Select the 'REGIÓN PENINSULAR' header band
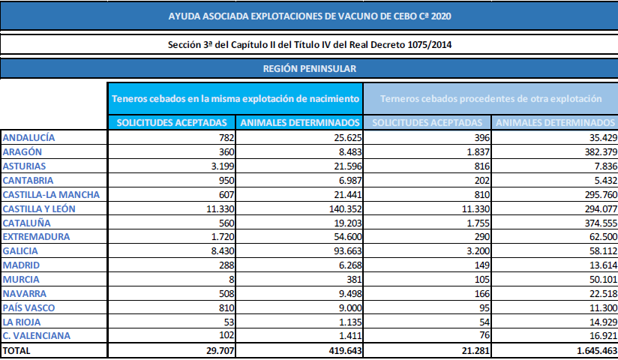coord(309,69)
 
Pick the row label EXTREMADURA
coord(36,236)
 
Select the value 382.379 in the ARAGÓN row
coord(596,151)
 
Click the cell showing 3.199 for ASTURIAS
coord(223,166)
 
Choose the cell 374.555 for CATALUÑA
coord(596,222)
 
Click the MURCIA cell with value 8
coord(232,279)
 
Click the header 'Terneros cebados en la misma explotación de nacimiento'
coord(235,99)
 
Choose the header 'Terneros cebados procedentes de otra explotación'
coord(491,99)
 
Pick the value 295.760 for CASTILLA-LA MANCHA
coord(596,193)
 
